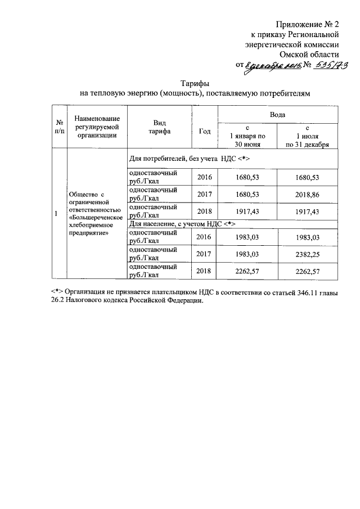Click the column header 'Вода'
point(277,114)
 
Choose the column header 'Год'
point(205,132)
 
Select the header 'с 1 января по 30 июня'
point(247,136)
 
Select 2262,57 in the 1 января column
point(247,271)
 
